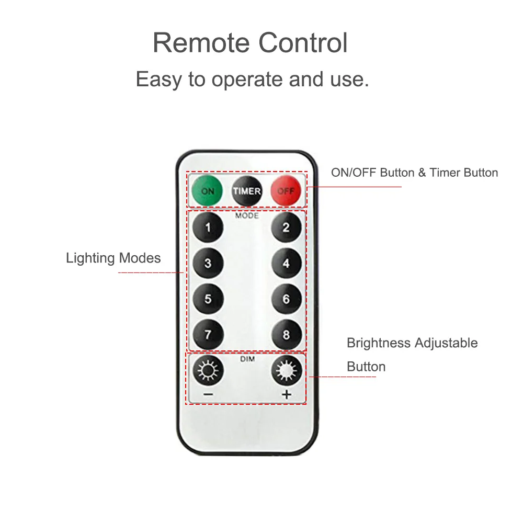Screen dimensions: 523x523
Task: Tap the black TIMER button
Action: [x=246, y=191]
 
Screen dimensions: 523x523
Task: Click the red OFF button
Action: [x=286, y=190]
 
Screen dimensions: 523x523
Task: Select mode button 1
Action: [x=208, y=228]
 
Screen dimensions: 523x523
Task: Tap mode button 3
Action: [x=208, y=263]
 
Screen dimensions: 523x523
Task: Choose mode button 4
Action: [x=287, y=263]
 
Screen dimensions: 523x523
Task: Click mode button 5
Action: [x=208, y=299]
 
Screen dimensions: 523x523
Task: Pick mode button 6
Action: [x=287, y=299]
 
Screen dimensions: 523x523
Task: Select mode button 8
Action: [x=287, y=335]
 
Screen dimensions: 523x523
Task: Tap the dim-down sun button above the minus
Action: [x=208, y=371]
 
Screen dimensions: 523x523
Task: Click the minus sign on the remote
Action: [x=208, y=394]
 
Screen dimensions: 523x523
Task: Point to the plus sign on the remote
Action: [x=287, y=394]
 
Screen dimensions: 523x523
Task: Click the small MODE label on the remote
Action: [x=247, y=216]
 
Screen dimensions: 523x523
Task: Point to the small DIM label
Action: [x=247, y=359]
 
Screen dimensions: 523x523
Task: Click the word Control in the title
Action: [x=303, y=43]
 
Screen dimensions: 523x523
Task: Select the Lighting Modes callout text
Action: [x=113, y=258]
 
